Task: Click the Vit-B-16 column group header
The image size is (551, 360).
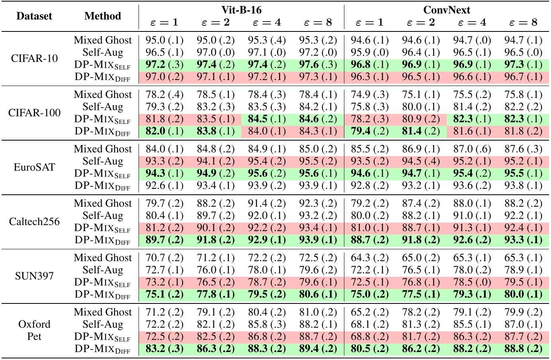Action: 241,10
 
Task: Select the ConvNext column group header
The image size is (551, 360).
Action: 446,10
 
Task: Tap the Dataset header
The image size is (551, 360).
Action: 34,16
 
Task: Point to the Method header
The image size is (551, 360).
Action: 103,16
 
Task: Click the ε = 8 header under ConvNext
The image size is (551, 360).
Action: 523,22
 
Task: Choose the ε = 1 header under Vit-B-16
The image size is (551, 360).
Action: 164,22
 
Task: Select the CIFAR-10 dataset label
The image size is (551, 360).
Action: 34,58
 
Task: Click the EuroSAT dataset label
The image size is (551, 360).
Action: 34,167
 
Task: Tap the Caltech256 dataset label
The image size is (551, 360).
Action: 34,221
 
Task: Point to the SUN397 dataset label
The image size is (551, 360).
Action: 34,276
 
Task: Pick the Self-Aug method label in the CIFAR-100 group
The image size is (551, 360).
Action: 103,107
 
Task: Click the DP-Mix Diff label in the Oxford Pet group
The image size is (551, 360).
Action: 103,349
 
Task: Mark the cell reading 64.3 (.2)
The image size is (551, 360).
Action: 369,258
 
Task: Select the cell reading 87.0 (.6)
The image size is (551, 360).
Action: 472,149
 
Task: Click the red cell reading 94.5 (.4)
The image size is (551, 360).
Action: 421,161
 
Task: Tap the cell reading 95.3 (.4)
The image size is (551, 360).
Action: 267,40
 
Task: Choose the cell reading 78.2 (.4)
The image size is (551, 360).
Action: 164,95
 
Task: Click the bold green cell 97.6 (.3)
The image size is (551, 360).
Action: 318,65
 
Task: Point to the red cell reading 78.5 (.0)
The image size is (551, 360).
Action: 472,282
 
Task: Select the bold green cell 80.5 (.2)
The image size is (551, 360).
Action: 369,349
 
